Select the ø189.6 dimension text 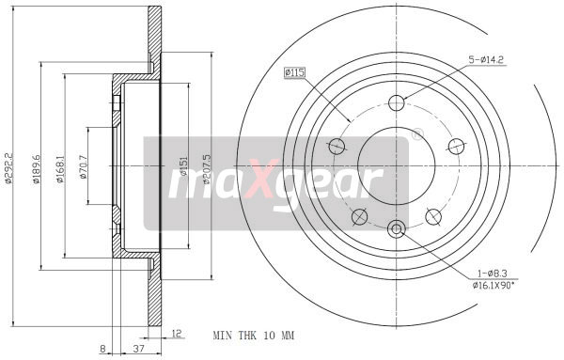[36, 181]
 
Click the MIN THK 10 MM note [253, 334]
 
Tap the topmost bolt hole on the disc [396, 102]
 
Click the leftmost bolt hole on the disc [336, 146]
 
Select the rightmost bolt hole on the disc [457, 146]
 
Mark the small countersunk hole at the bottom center [396, 227]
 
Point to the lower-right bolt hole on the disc [433, 217]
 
